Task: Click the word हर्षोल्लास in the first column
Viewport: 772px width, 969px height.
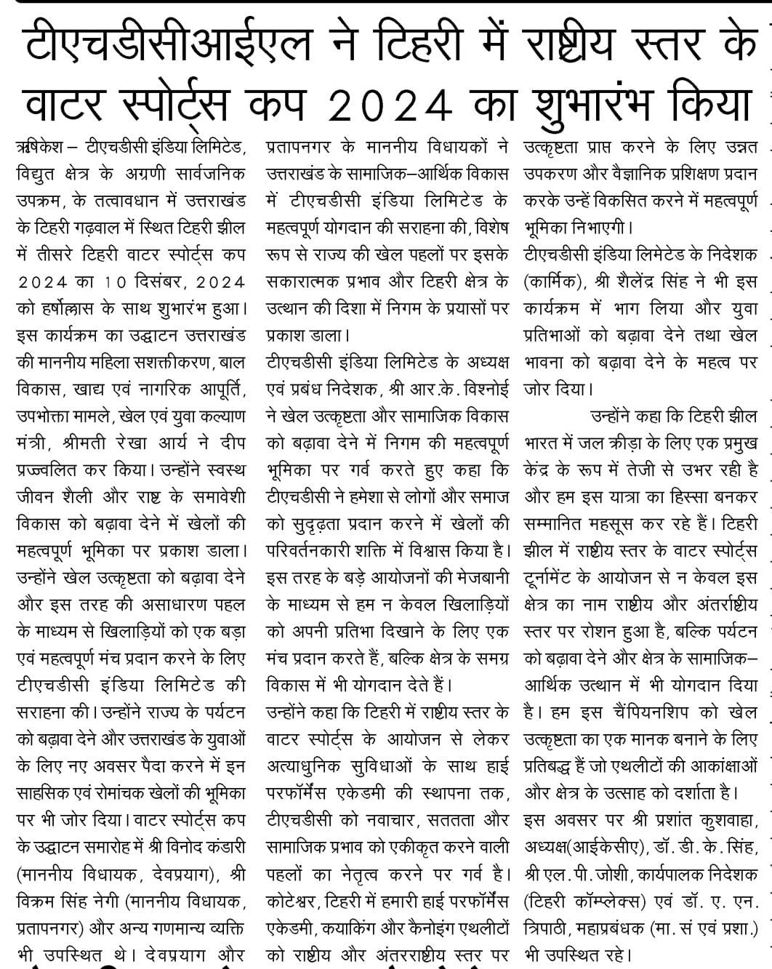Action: pos(79,307)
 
